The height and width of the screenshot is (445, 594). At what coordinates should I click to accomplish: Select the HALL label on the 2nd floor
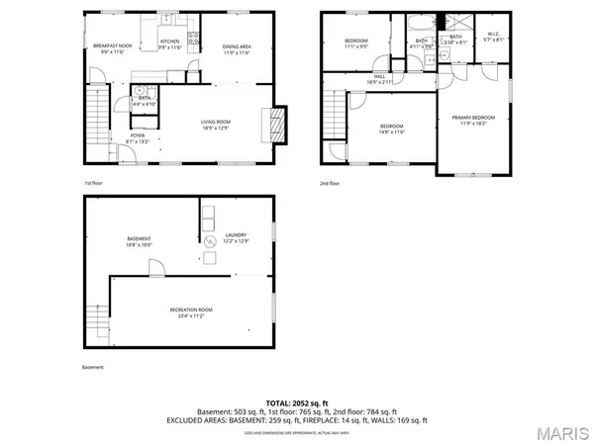[x=380, y=78]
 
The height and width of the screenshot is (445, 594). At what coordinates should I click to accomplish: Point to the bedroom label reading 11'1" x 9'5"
[x=355, y=44]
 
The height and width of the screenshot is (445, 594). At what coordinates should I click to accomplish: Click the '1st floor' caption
[x=93, y=183]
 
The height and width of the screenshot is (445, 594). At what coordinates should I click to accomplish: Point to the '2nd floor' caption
[x=329, y=183]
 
